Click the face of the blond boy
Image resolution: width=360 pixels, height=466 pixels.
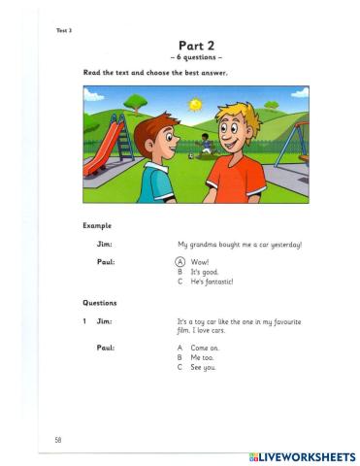233,133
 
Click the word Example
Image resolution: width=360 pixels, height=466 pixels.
98,226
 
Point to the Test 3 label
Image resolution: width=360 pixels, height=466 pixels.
64,30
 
